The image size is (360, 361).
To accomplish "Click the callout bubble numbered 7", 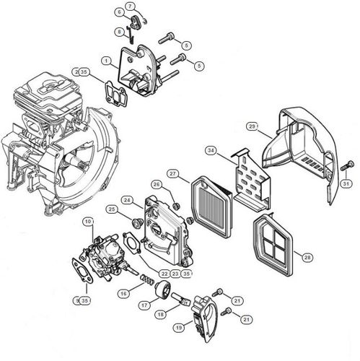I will click(130, 6).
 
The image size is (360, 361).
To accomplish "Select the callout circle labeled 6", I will click(119, 13).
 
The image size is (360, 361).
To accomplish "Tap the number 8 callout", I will click(119, 32).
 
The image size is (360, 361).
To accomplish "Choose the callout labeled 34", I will click(211, 151).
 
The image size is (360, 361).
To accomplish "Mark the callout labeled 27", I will click(173, 174).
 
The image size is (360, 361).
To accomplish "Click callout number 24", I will click(127, 199).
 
